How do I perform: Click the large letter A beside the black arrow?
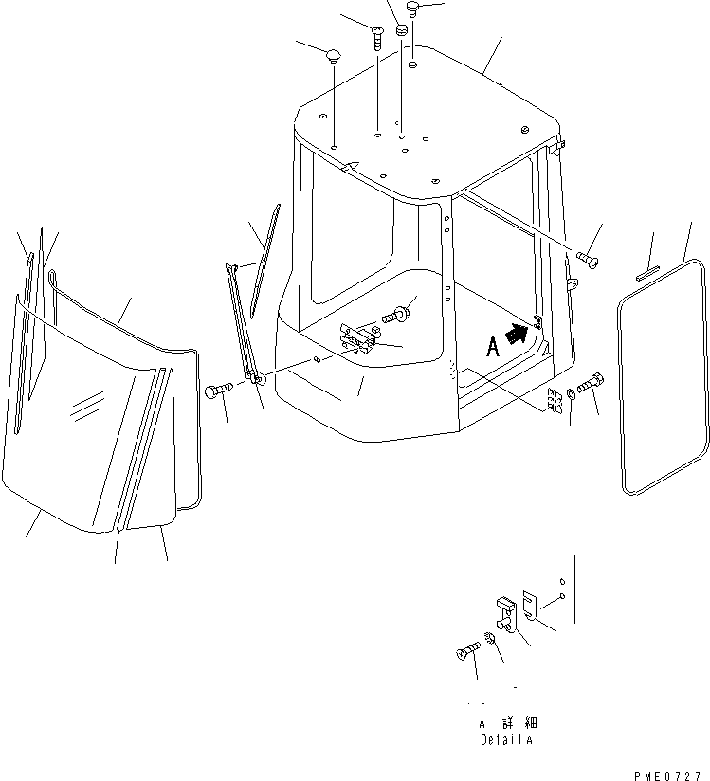click(x=492, y=347)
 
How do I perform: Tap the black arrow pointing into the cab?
click(x=518, y=333)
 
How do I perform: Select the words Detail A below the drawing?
click(x=506, y=739)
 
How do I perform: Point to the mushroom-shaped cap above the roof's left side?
click(x=333, y=56)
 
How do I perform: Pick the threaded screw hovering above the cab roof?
click(x=377, y=38)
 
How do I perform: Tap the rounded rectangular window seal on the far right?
click(x=662, y=376)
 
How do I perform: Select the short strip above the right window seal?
click(x=647, y=273)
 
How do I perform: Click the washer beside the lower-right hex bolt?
click(x=571, y=393)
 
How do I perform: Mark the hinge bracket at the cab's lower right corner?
click(x=555, y=401)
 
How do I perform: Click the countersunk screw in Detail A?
click(x=468, y=650)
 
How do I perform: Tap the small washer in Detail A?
click(x=489, y=638)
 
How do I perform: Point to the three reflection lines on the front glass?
click(x=88, y=405)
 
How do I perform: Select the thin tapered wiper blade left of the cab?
click(x=265, y=261)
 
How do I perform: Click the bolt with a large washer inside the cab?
click(x=396, y=315)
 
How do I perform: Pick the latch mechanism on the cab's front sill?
click(x=357, y=338)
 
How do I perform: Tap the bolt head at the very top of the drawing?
click(x=412, y=9)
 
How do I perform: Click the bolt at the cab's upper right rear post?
click(x=588, y=259)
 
